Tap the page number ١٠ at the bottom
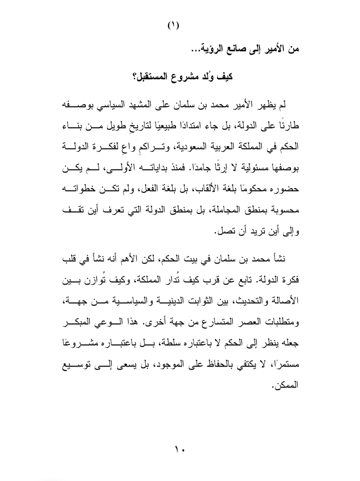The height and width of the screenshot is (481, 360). [180, 446]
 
